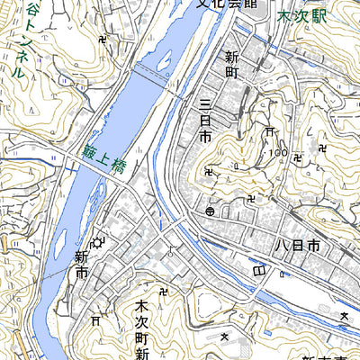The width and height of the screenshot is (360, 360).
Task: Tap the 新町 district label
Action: [x=231, y=67]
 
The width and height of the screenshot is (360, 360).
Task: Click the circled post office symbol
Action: [x=210, y=211]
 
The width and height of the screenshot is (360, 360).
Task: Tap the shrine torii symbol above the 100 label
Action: [x=269, y=132]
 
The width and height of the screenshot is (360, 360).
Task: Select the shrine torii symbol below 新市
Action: [x=95, y=320]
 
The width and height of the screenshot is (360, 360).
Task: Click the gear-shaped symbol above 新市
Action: [x=95, y=239]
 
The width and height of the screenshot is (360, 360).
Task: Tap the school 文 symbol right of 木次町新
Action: [x=224, y=336]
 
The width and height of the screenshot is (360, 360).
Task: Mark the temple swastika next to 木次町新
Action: [x=163, y=291]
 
